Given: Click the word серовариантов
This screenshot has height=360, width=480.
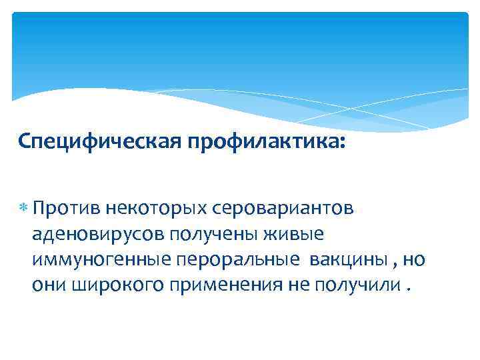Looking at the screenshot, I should tap(284, 209).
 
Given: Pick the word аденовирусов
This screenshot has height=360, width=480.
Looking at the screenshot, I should tap(97, 235).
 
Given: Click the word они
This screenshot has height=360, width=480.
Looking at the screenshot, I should tap(45, 285).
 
